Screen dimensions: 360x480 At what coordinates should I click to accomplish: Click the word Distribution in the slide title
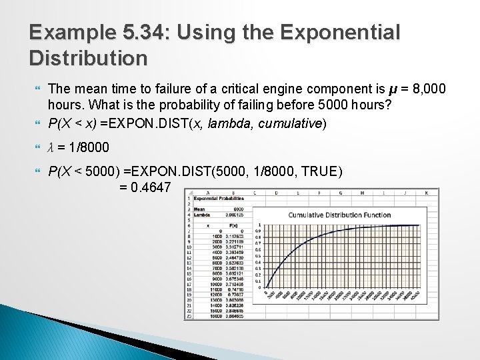pyautogui.click(x=88, y=58)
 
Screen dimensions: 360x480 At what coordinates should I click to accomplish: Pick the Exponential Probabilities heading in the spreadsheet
pyautogui.click(x=220, y=198)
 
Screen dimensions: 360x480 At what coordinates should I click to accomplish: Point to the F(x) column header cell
pyautogui.click(x=234, y=225)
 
